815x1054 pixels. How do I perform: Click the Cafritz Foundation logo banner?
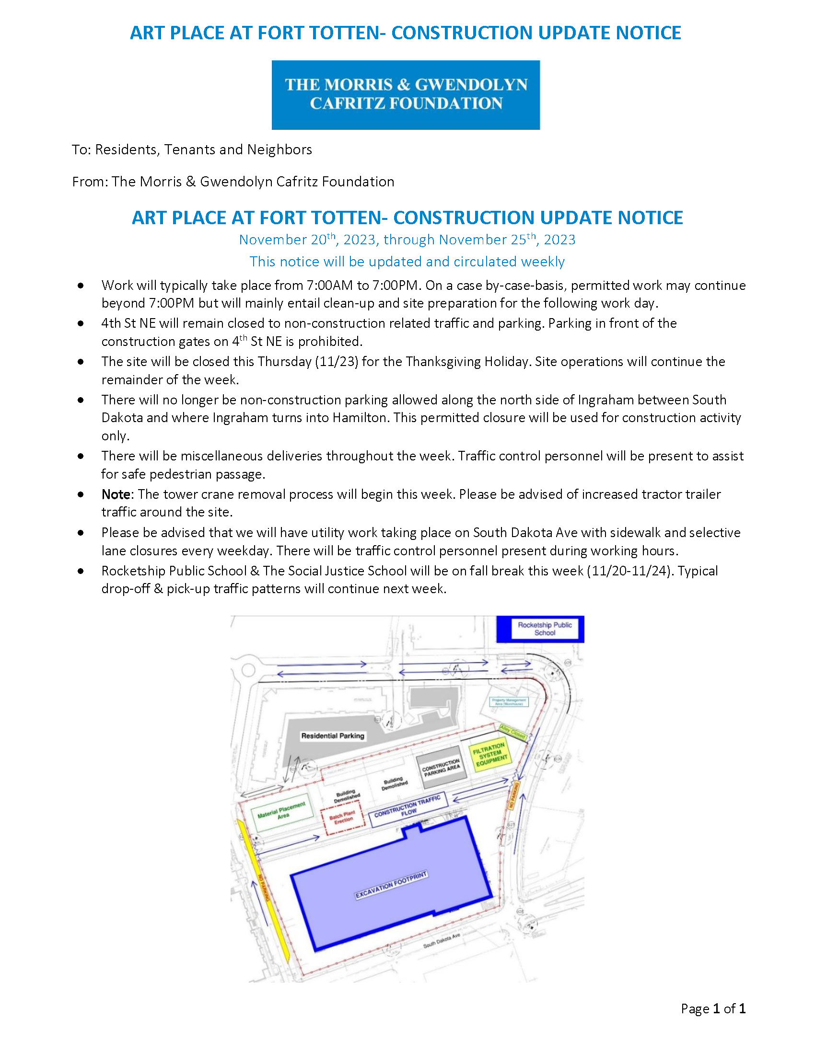pos(406,94)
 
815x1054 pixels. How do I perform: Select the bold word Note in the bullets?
pos(116,494)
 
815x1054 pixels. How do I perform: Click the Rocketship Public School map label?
pos(544,629)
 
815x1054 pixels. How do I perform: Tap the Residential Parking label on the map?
pos(332,736)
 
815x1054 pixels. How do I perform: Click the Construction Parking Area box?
pos(441,767)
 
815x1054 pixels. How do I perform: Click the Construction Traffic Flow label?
pos(408,806)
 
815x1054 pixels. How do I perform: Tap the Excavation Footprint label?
pos(391,885)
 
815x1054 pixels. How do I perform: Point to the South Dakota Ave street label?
pos(441,940)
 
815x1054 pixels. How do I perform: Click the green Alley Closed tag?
pos(512,732)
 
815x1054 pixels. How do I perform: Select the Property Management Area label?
pos(509,702)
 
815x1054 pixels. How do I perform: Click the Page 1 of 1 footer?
pos(712,1008)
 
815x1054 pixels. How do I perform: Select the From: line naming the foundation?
pos(233,182)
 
